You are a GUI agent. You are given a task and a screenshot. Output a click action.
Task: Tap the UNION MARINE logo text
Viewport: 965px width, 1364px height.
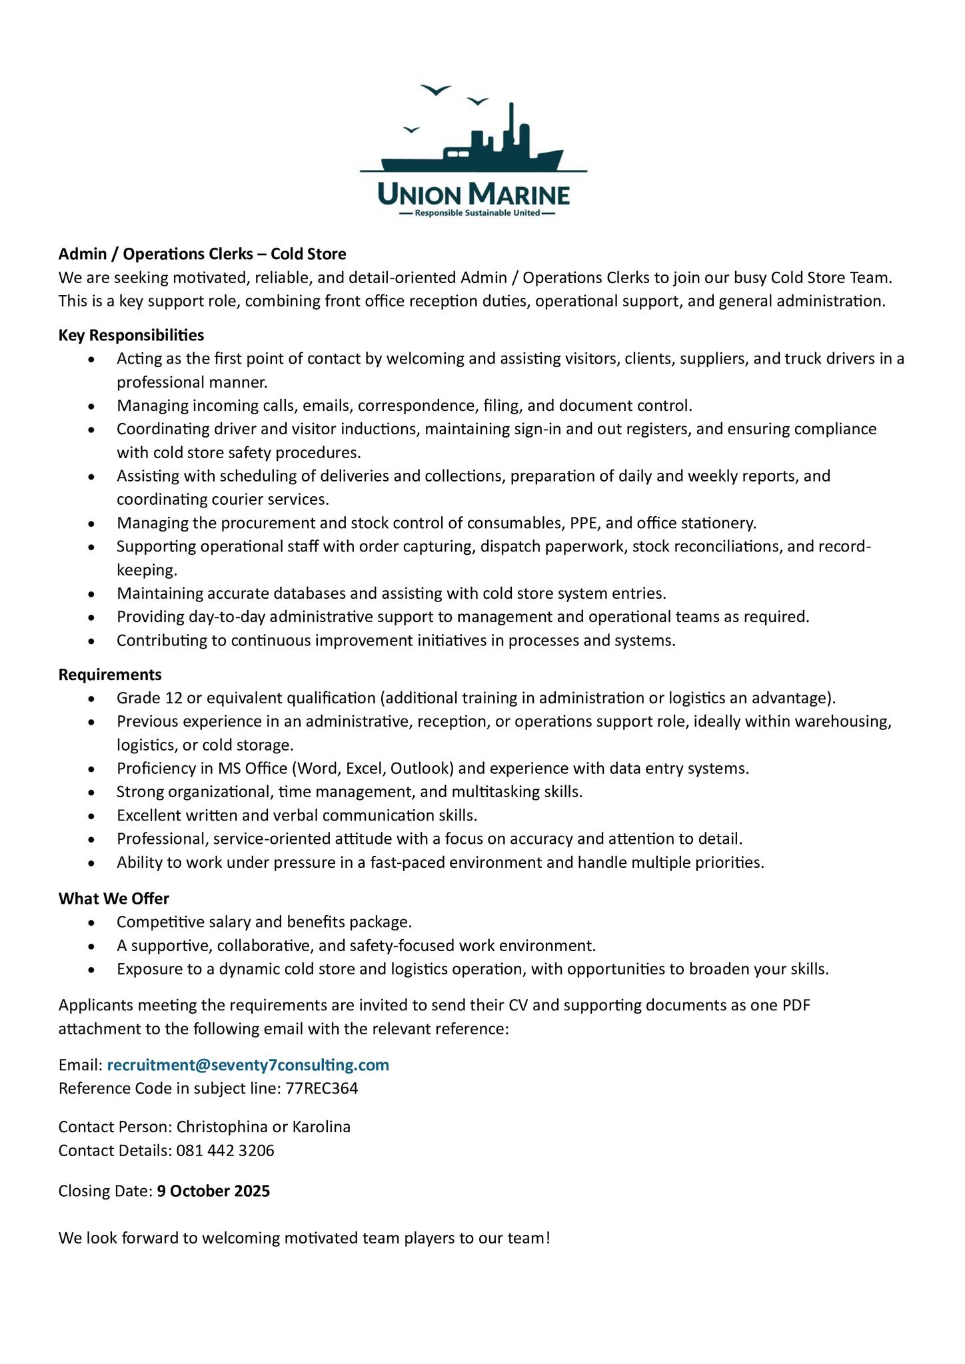point(473,195)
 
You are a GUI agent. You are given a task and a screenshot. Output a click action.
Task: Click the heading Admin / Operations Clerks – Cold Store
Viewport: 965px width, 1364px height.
point(203,254)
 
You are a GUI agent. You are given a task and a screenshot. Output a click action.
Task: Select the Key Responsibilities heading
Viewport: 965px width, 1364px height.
point(131,334)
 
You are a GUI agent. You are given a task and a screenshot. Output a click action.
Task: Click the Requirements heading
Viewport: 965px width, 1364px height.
point(110,675)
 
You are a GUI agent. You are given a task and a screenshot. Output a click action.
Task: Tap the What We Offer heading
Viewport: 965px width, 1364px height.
point(114,898)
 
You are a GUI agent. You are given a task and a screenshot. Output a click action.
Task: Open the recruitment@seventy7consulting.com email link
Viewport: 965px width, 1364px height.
point(248,1065)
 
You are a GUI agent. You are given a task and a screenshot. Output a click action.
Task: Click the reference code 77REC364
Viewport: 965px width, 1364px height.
point(322,1088)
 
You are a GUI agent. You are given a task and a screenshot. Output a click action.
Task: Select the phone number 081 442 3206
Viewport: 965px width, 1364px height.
point(225,1150)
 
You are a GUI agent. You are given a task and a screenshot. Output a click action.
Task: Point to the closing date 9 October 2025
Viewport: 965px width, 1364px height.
point(214,1191)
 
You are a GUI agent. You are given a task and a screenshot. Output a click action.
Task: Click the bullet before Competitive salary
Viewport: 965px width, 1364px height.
point(92,922)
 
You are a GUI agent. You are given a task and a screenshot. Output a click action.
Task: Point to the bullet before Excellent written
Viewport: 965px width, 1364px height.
point(92,816)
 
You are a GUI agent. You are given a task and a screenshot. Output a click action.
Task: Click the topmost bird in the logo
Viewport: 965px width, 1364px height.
point(436,90)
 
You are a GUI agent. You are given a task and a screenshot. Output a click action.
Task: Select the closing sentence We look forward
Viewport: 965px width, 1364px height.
point(305,1238)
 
